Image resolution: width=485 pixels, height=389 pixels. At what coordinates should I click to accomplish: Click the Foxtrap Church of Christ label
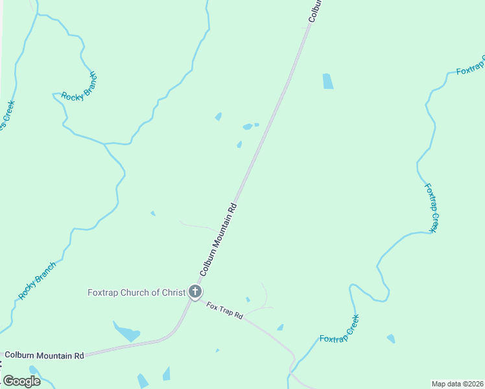tap(136, 292)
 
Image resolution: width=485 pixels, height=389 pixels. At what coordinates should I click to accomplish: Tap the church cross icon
tap(195, 292)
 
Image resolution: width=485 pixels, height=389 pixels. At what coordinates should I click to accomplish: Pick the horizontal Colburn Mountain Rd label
tap(44, 355)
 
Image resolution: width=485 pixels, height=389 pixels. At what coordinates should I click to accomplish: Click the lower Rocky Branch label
tap(37, 280)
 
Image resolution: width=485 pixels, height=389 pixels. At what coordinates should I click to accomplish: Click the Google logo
tap(21, 381)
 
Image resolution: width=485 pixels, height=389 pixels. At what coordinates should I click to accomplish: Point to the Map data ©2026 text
tap(457, 383)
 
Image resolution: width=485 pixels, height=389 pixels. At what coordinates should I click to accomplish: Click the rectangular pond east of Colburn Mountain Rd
tap(328, 81)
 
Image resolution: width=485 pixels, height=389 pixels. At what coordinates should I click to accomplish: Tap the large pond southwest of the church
tap(126, 332)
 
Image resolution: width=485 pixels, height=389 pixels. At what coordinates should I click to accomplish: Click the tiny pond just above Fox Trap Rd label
tap(248, 299)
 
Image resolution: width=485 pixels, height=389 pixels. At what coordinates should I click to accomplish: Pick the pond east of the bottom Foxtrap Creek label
tap(390, 338)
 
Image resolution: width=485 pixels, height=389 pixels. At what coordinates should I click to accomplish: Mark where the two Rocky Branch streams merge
tap(104, 143)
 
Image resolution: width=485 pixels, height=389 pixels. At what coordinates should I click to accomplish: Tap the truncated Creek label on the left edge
tap(7, 115)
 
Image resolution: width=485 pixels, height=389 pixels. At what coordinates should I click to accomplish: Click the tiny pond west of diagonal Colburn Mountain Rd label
tap(153, 213)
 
